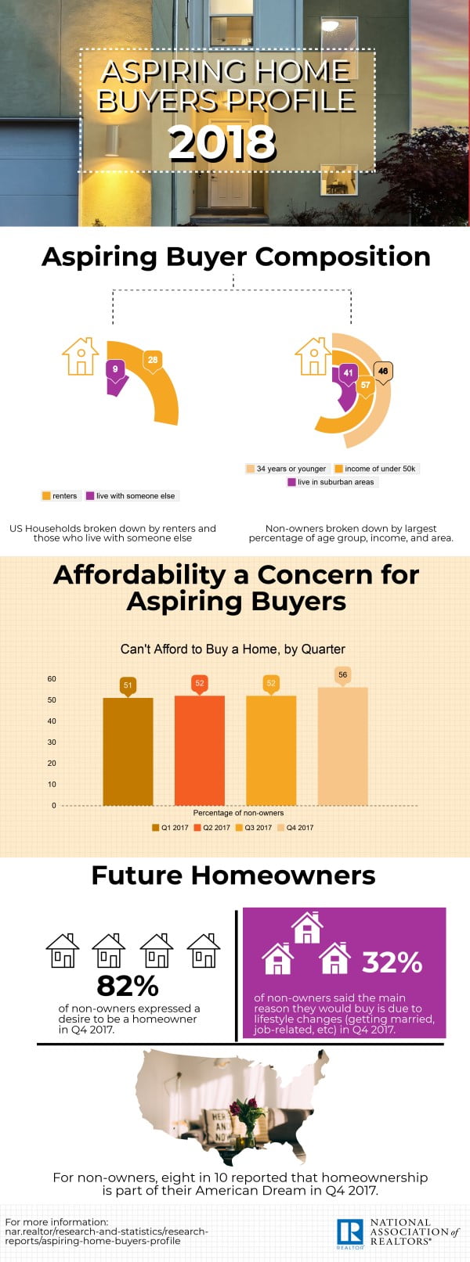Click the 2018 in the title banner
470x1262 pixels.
(x=222, y=143)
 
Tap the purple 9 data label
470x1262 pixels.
(x=115, y=369)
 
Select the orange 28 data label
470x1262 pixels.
(x=152, y=361)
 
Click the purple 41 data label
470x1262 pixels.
(x=348, y=373)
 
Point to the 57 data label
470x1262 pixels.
(x=365, y=385)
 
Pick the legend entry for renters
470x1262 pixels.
(x=60, y=495)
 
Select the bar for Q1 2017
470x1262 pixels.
(x=128, y=751)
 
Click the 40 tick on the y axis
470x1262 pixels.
(x=52, y=721)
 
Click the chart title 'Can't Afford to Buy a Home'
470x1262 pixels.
(x=233, y=649)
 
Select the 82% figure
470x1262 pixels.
(x=128, y=985)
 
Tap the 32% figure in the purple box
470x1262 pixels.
(x=392, y=962)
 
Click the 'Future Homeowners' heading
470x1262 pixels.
(x=233, y=875)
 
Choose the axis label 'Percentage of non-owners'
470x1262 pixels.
(x=238, y=813)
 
